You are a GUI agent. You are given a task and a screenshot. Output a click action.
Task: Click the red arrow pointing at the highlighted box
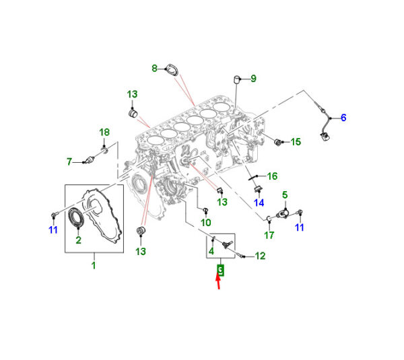[218, 282]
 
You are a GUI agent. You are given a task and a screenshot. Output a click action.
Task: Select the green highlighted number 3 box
[221, 270]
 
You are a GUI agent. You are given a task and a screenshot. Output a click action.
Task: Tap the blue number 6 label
[343, 118]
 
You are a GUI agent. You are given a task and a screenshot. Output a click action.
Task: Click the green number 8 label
[154, 68]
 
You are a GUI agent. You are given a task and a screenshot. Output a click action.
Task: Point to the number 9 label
[254, 79]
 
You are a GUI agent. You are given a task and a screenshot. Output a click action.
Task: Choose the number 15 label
[296, 142]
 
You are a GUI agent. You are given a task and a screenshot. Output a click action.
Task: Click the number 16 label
[272, 176]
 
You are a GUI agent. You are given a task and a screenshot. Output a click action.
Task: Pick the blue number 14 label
[259, 203]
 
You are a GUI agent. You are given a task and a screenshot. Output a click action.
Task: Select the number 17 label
[269, 235]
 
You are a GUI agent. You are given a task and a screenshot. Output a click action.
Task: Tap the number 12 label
[260, 256]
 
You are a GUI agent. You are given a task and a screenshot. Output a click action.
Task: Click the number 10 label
[206, 223]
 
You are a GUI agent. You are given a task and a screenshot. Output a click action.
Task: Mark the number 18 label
[104, 133]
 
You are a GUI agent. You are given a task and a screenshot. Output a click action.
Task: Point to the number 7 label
[69, 161]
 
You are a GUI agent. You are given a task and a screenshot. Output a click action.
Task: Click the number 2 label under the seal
[79, 240]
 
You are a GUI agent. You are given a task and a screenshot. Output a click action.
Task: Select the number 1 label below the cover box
[94, 265]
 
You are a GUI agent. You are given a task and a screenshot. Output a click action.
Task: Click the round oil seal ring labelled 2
[76, 217]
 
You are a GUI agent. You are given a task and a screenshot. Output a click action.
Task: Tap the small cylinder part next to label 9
[237, 79]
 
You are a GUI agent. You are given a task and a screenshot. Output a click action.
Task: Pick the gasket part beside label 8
[172, 70]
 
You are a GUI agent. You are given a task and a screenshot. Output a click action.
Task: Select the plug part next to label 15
[278, 142]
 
